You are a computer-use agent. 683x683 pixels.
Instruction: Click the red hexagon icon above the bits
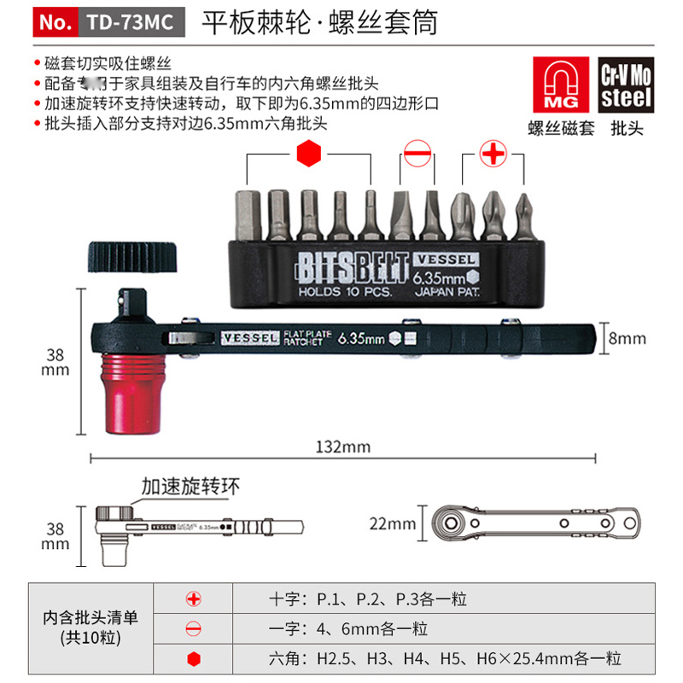coord(308,155)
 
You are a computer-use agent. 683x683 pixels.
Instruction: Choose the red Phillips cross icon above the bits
coord(492,155)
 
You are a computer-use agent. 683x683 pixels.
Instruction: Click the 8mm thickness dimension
coord(627,337)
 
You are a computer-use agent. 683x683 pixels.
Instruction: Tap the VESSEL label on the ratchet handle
coord(250,338)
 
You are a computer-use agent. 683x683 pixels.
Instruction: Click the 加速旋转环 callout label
coord(192,486)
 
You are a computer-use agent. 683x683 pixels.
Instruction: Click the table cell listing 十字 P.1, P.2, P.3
coord(367,599)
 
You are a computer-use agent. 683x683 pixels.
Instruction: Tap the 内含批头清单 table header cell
coord(90,628)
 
